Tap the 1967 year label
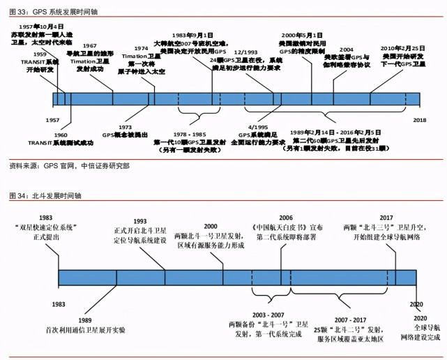pos(89,45)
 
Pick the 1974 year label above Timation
pos(141,49)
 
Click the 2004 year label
pos(346,50)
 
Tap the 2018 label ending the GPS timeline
pos(420,121)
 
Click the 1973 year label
pos(126,128)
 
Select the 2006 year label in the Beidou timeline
pos(287,218)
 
